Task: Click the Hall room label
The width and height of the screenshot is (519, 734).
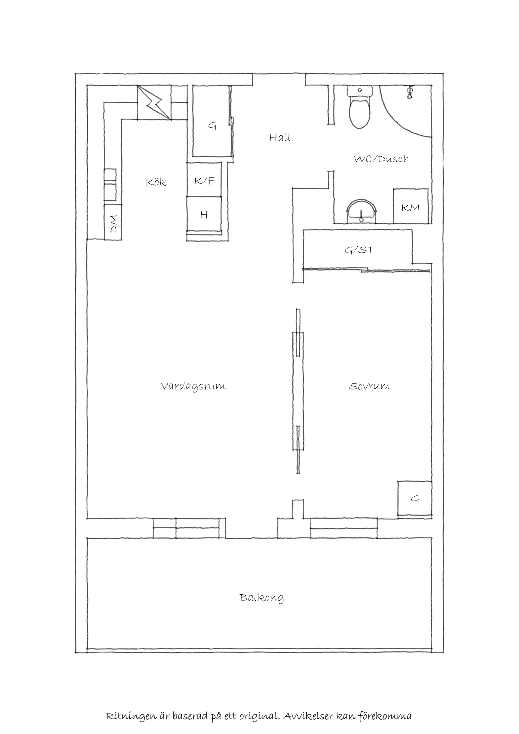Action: tap(280, 138)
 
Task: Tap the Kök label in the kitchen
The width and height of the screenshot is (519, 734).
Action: tap(156, 182)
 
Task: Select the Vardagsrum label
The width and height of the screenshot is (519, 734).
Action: tap(193, 386)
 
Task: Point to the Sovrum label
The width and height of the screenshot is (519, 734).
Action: tap(370, 386)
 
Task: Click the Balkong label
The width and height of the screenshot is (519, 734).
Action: tap(262, 597)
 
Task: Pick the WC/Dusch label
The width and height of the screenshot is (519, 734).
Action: tap(381, 159)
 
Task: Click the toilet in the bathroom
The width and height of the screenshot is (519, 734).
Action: tap(360, 107)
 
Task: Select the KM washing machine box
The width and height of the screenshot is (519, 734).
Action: tap(411, 206)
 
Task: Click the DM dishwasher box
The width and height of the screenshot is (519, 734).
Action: tap(113, 222)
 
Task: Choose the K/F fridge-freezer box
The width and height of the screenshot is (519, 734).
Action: tap(204, 179)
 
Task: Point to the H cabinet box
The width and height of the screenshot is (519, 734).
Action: tap(204, 214)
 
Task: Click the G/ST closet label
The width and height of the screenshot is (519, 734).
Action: tap(360, 250)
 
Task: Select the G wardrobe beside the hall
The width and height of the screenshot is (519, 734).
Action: tap(212, 121)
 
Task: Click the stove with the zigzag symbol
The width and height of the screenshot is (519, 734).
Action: tap(154, 103)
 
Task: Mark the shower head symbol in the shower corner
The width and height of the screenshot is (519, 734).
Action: tap(410, 92)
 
